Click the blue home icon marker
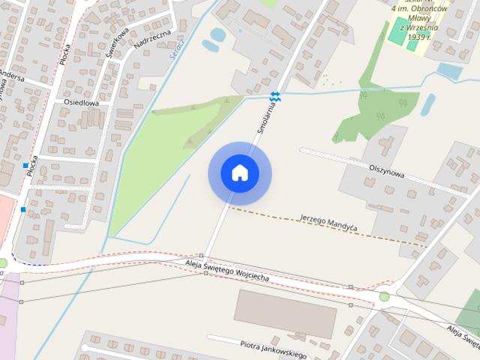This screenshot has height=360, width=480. (239, 172)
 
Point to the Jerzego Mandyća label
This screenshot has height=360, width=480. (328, 221)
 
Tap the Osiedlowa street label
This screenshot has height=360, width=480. (79, 103)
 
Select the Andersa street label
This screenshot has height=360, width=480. (12, 77)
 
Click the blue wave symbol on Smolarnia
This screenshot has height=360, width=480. (275, 96)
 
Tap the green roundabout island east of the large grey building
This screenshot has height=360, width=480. (384, 297)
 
